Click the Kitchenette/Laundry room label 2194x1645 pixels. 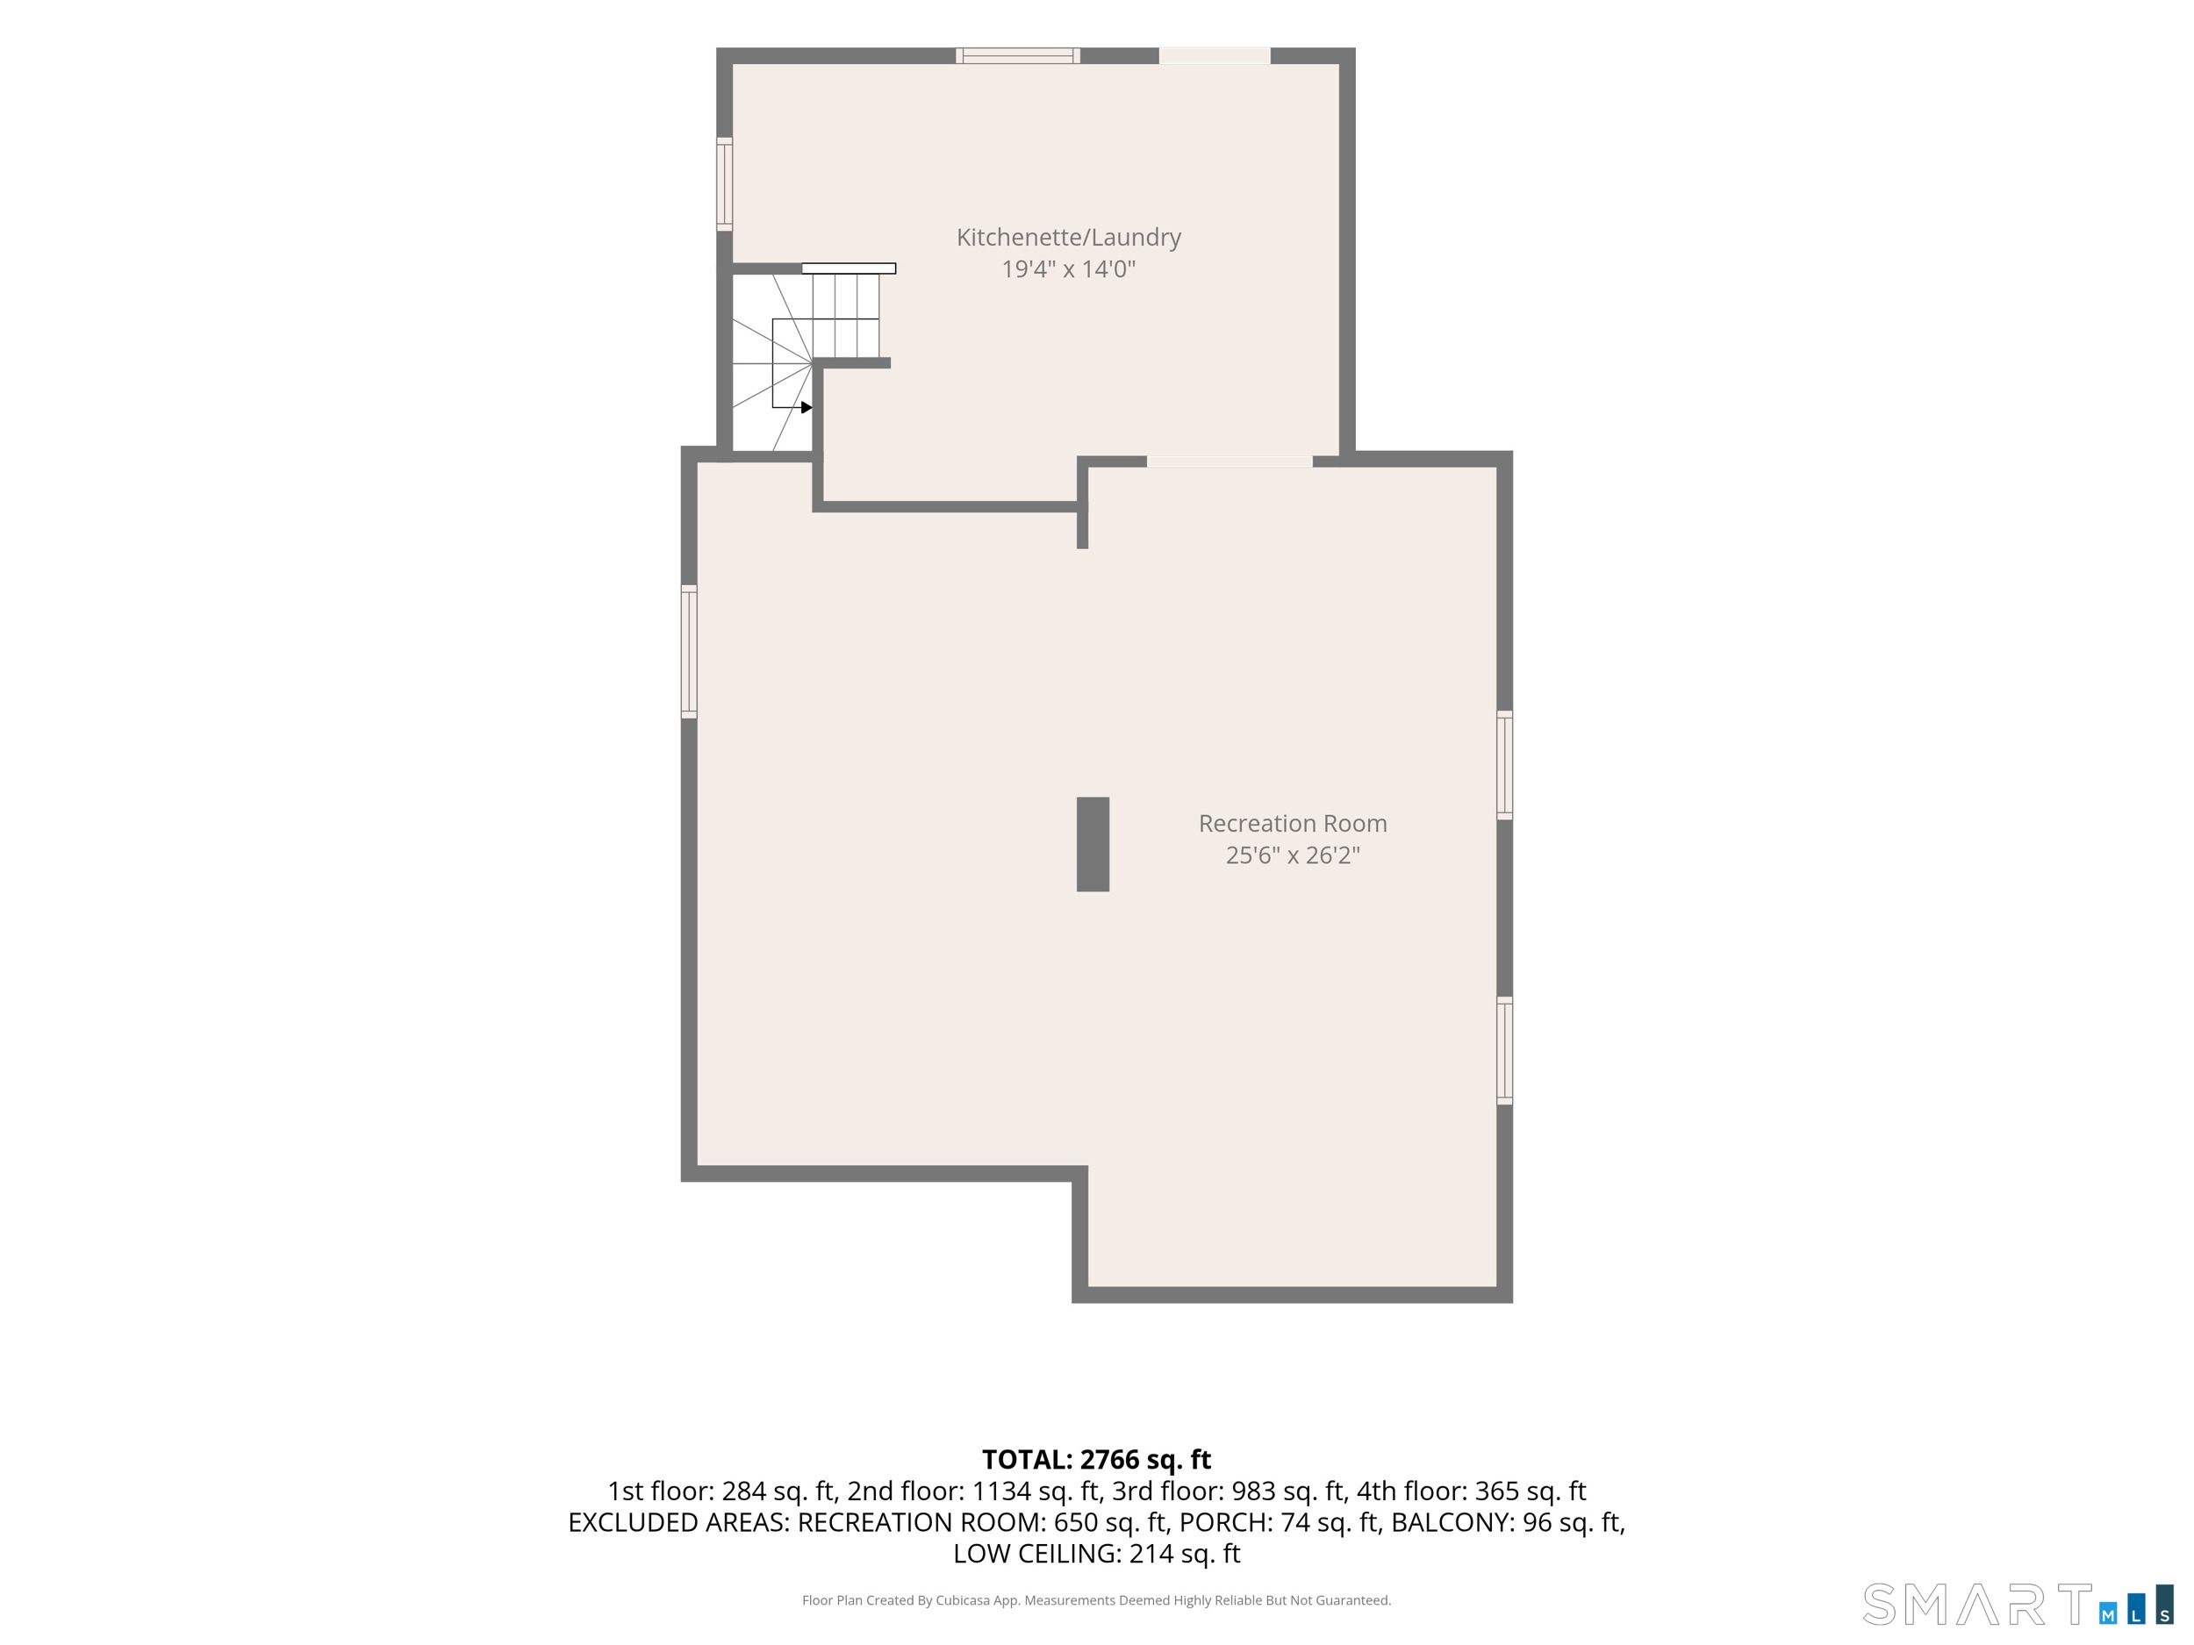pos(1068,237)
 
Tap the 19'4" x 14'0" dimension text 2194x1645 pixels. pos(1068,268)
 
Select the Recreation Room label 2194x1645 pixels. pos(1293,823)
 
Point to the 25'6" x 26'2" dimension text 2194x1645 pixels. pos(1293,855)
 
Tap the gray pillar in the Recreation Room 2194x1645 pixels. pos(1093,844)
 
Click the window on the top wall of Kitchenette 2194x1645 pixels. pos(1018,55)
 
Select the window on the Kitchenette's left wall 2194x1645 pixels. pos(725,184)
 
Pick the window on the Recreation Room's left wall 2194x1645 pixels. pos(689,652)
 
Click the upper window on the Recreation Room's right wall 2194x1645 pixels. pos(1505,764)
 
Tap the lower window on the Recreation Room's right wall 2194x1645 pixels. pos(1505,1050)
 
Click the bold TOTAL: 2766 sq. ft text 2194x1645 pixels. pos(1096,1460)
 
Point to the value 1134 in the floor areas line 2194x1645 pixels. pos(999,1491)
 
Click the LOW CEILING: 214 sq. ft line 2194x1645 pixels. pos(1096,1554)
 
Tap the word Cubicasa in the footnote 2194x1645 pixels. pos(962,1600)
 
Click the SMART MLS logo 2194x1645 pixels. pos(2018,1605)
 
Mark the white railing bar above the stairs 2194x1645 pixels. pos(849,268)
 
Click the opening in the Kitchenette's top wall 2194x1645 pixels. pos(1215,55)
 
